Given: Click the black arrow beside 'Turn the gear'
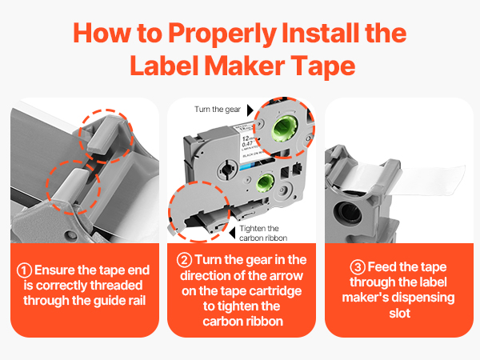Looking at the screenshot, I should (x=249, y=107).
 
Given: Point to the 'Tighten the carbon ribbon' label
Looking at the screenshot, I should (x=263, y=233).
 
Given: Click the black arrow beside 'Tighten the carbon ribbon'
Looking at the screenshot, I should (x=232, y=228).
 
